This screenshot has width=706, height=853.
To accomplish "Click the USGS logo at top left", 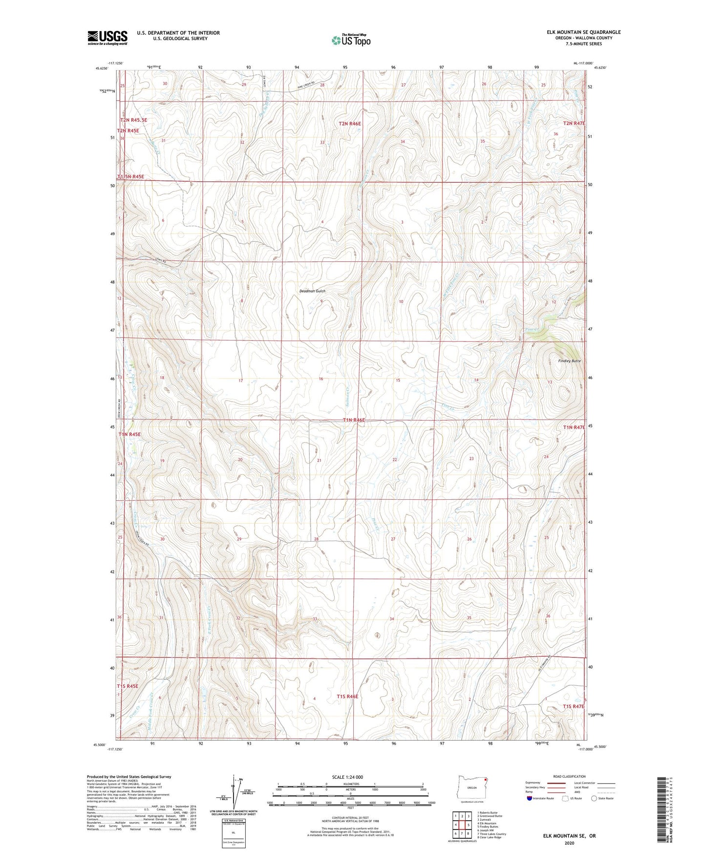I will [x=107, y=38].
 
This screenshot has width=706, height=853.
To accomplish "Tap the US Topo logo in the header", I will [x=350, y=40].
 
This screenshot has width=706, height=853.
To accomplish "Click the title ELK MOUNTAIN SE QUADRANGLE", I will [x=583, y=32].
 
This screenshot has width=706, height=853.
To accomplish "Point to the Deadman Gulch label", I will [x=312, y=291].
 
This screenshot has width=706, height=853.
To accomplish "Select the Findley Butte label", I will [x=569, y=361].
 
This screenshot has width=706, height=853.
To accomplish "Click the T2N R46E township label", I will [x=350, y=124].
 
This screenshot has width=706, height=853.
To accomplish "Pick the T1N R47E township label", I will [x=574, y=427].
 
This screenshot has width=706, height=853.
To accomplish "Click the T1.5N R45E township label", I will [x=130, y=176].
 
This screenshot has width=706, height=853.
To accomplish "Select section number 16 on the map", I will [x=321, y=379].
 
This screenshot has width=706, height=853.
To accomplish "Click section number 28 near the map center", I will [x=316, y=539].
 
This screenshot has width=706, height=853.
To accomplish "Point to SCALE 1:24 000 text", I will [x=347, y=777].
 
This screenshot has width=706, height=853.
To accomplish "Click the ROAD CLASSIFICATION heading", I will [x=569, y=776].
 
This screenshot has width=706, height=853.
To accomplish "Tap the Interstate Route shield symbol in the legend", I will [x=530, y=798].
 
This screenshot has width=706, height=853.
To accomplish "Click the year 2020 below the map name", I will [x=569, y=843].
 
